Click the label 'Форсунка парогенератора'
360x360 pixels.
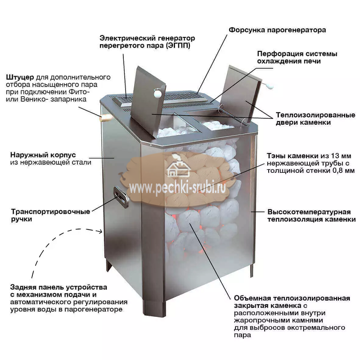click(277, 30)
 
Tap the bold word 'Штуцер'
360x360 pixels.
click(20, 77)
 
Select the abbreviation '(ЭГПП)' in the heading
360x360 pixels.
click(178, 45)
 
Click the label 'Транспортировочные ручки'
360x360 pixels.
click(50, 215)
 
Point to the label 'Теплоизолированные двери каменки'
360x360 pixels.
click(315, 119)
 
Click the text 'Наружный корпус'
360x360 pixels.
click(43, 155)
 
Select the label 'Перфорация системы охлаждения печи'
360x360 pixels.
click(297, 58)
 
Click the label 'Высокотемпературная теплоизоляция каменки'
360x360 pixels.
click(311, 216)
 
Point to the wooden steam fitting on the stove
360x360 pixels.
click(106, 117)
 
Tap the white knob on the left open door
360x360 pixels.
click(158, 92)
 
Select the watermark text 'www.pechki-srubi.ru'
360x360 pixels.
click(177, 188)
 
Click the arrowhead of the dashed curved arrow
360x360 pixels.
click(100, 231)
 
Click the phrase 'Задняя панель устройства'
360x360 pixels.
click(58, 288)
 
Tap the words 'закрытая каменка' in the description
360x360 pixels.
click(267, 306)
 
